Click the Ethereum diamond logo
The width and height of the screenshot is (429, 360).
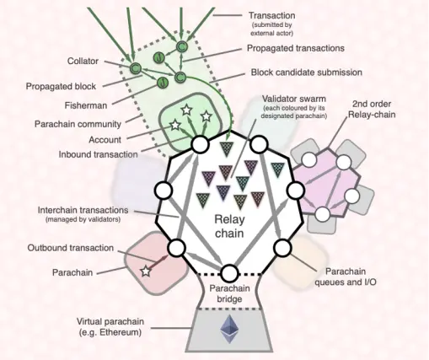coord(229,329)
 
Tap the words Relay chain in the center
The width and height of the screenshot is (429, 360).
coord(229,226)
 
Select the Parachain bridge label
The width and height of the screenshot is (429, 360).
coord(229,293)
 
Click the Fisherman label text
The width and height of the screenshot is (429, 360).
coord(86,105)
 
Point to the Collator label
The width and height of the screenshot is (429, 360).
coord(83,61)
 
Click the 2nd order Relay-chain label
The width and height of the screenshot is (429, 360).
coord(372,109)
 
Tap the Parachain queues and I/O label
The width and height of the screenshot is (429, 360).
coord(346,277)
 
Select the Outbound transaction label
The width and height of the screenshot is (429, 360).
coord(71,248)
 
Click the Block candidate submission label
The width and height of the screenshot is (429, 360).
coord(307,73)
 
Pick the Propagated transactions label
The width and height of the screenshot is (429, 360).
coord(296,48)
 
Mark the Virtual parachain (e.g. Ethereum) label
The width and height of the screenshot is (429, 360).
coord(110,327)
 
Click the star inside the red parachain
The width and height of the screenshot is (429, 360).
coord(146,271)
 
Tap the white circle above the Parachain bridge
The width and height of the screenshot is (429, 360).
coord(229,273)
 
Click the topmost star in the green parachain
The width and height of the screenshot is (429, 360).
coord(186,110)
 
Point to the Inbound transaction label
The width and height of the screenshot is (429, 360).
coord(98,154)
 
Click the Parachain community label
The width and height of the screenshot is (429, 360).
coord(78,124)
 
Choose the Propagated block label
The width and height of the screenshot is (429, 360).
coord(61,86)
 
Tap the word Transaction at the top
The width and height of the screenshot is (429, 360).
coord(272,15)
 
